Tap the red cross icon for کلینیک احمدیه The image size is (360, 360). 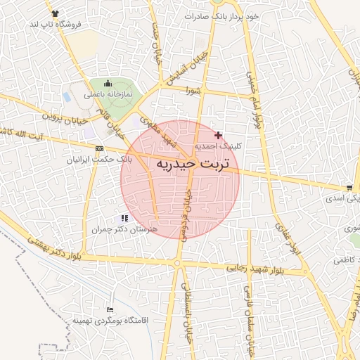(x=219, y=135)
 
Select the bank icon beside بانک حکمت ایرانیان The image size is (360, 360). (x=99, y=148)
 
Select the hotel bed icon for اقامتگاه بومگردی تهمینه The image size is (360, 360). (x=108, y=309)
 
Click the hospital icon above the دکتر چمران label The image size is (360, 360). (x=124, y=219)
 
